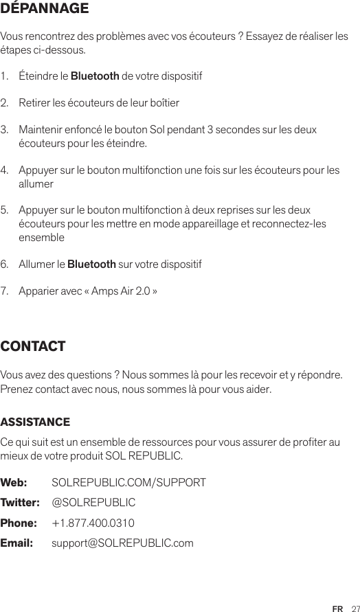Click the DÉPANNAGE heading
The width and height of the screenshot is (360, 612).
(45, 10)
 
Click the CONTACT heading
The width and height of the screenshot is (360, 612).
(34, 346)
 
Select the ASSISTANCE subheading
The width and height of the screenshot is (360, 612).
(35, 421)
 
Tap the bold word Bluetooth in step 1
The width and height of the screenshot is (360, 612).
(95, 74)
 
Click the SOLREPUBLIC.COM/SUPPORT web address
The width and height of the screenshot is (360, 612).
(128, 483)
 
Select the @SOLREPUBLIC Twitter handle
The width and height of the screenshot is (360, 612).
(93, 503)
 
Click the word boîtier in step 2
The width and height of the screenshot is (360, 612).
(164, 103)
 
